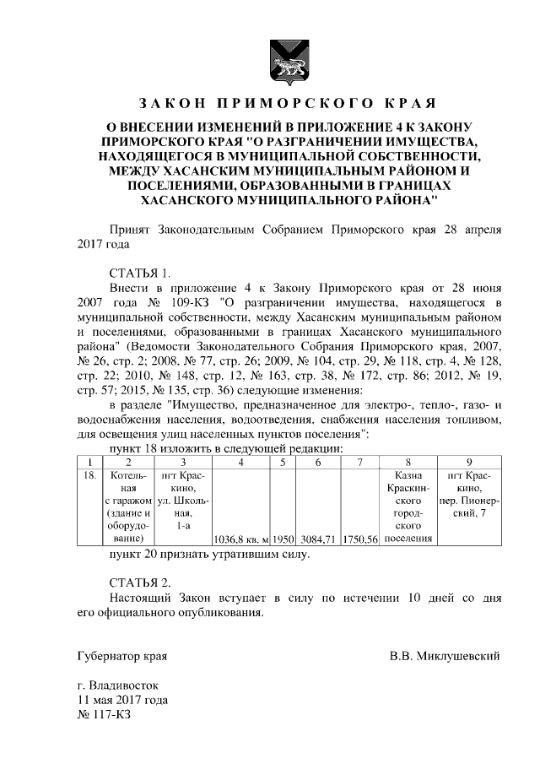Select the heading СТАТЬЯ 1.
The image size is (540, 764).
[140, 273]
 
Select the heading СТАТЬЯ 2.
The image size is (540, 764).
[140, 582]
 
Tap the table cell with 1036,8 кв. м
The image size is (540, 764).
[241, 538]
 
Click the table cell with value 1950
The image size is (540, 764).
[283, 538]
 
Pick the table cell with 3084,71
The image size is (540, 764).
[318, 538]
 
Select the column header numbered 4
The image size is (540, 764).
[241, 462]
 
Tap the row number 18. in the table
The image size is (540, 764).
[89, 475]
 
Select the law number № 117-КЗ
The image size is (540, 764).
[105, 714]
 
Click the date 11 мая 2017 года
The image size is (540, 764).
[122, 700]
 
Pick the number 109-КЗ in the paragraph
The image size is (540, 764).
[194, 302]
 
